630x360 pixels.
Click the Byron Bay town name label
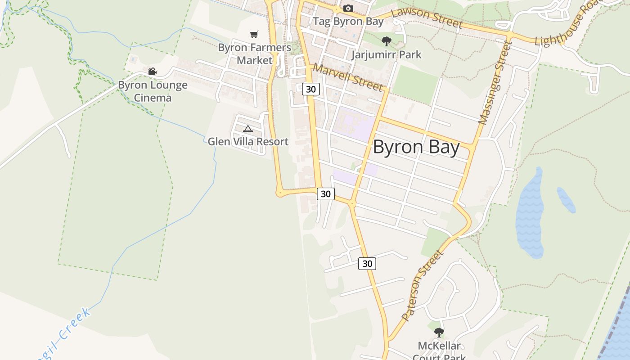pyautogui.click(x=416, y=148)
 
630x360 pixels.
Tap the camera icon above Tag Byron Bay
pyautogui.click(x=348, y=8)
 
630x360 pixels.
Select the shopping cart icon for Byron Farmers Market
pyautogui.click(x=254, y=34)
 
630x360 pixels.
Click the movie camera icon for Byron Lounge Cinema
pyautogui.click(x=152, y=71)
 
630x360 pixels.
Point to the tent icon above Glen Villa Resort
pyautogui.click(x=247, y=129)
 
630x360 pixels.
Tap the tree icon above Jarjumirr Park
pyautogui.click(x=386, y=42)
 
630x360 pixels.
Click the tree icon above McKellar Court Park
pyautogui.click(x=439, y=333)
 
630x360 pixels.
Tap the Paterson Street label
pyautogui.click(x=422, y=285)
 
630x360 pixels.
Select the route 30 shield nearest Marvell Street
pyautogui.click(x=310, y=89)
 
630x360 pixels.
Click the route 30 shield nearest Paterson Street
pyautogui.click(x=367, y=264)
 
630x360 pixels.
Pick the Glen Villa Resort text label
pyautogui.click(x=248, y=142)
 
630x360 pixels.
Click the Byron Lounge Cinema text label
pyautogui.click(x=153, y=91)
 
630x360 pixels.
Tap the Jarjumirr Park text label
pyautogui.click(x=386, y=55)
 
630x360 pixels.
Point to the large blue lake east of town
pyautogui.click(x=530, y=214)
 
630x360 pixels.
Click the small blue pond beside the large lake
pyautogui.click(x=566, y=199)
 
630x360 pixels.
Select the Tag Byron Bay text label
pyautogui.click(x=348, y=21)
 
